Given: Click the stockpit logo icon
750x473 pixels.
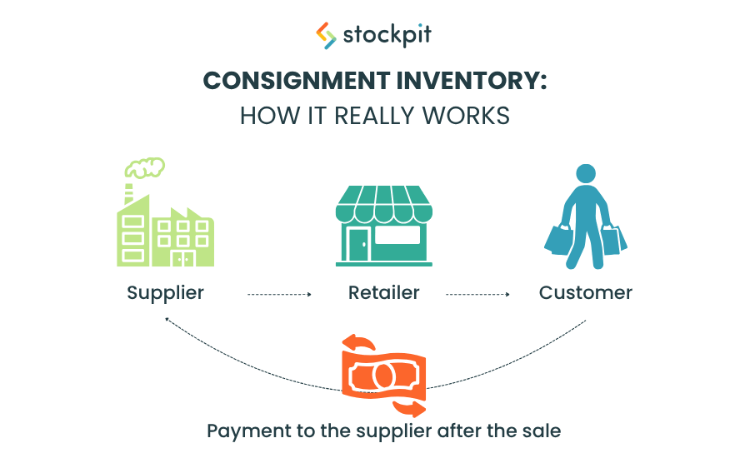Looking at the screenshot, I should (x=326, y=36).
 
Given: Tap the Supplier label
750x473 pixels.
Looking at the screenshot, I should (x=165, y=293).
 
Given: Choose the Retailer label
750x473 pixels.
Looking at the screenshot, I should (x=383, y=293).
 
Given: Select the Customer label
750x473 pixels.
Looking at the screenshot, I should (x=585, y=293).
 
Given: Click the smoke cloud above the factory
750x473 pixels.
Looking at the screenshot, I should (x=145, y=167).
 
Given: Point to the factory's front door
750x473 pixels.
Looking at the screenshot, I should (x=182, y=258).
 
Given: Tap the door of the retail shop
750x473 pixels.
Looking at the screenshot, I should (x=359, y=242).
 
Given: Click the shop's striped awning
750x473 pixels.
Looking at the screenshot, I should (x=383, y=205).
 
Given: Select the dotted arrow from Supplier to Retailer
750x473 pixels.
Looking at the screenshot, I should (x=279, y=294).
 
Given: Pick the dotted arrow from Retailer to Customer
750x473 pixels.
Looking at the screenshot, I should (x=478, y=294).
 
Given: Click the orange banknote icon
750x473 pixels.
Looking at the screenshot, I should (x=383, y=375).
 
